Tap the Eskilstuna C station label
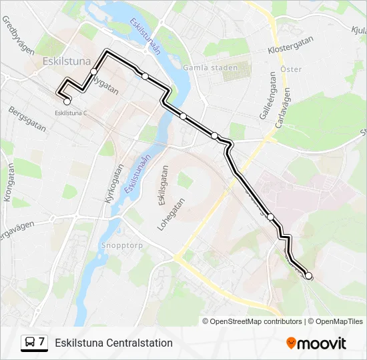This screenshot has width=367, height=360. coord(71,113)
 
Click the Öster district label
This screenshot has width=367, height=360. coord(291,69)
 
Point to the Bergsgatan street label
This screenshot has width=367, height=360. coord(27,119)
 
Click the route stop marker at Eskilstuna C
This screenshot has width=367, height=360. coord(67,101)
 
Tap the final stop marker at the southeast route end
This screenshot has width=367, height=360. coord(308,275)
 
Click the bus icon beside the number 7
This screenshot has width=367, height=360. coord(30,343)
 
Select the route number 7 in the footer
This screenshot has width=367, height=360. coord(41,342)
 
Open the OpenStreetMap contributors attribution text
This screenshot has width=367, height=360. coord(256,321)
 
